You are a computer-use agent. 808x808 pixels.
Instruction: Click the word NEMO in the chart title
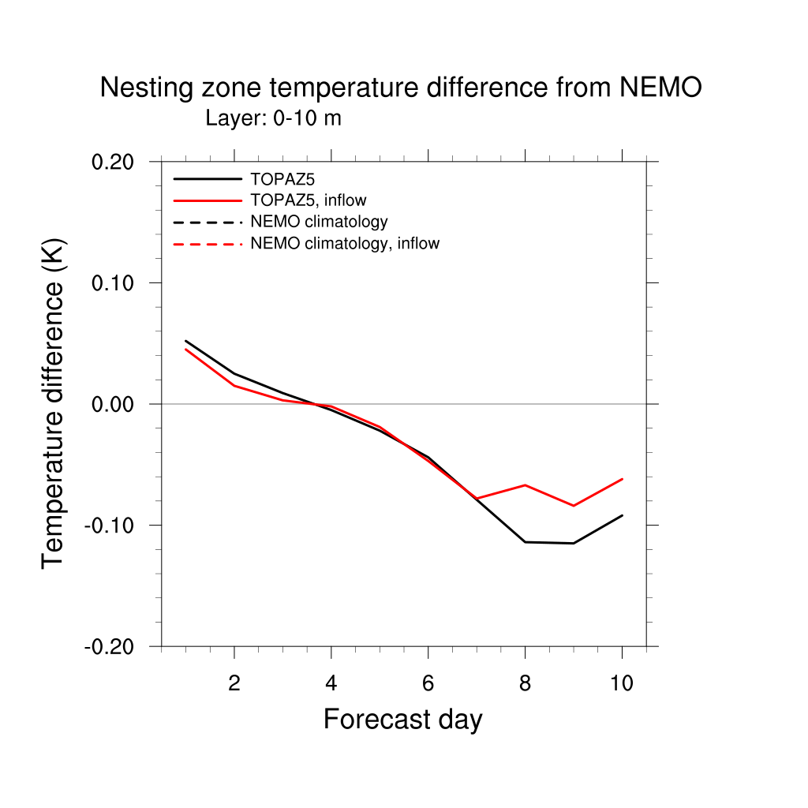[660, 88]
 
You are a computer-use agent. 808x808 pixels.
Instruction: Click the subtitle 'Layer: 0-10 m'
[273, 118]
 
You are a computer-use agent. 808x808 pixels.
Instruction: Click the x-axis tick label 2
[234, 683]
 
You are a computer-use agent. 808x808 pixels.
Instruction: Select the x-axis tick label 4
[331, 683]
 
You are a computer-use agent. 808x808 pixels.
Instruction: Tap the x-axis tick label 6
[428, 683]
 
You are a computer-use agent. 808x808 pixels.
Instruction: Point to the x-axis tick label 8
[525, 683]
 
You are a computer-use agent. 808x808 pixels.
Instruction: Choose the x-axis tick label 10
[622, 683]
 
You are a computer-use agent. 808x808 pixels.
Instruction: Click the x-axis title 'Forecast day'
[402, 720]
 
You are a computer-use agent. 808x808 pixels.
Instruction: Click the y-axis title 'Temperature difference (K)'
[53, 403]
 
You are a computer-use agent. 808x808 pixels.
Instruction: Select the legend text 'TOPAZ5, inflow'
[308, 200]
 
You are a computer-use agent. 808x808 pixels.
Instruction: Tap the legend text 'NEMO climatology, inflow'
[344, 244]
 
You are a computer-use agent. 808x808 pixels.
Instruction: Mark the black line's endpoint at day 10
[622, 515]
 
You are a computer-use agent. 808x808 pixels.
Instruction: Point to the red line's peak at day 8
[526, 485]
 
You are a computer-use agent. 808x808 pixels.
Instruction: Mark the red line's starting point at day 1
[185, 349]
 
